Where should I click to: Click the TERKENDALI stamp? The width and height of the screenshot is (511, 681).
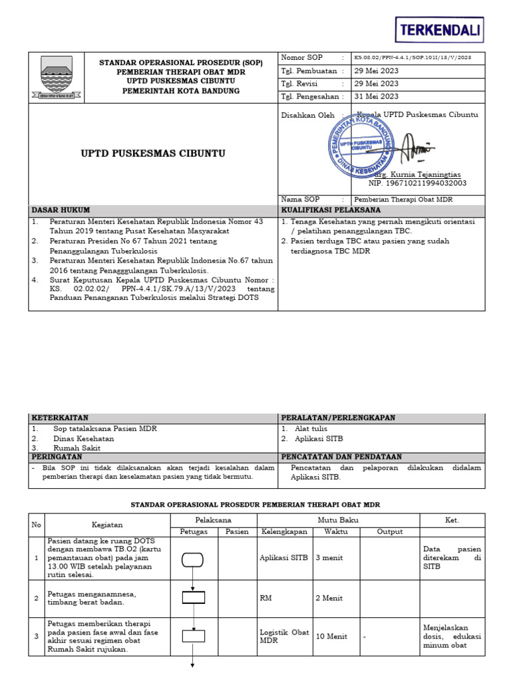point(439,30)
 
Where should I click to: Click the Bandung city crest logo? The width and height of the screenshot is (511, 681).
point(61,78)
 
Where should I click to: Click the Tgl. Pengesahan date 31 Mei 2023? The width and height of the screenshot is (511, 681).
point(377,96)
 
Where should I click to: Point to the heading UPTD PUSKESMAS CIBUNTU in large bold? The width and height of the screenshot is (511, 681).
point(153,153)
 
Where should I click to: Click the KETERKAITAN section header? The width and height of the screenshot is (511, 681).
point(60,418)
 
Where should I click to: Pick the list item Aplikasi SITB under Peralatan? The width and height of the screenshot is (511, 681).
point(319,439)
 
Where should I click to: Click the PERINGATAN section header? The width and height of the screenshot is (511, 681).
point(57,457)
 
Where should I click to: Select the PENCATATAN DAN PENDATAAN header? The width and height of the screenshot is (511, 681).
point(341,457)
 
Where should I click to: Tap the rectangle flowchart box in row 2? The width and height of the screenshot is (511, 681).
point(194,597)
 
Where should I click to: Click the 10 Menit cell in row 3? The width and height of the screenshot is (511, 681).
point(331,636)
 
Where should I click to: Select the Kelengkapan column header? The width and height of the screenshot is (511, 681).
point(283,531)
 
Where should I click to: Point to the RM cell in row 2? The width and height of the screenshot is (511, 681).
point(265,598)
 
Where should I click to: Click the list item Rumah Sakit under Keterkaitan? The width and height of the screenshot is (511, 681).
point(77,448)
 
